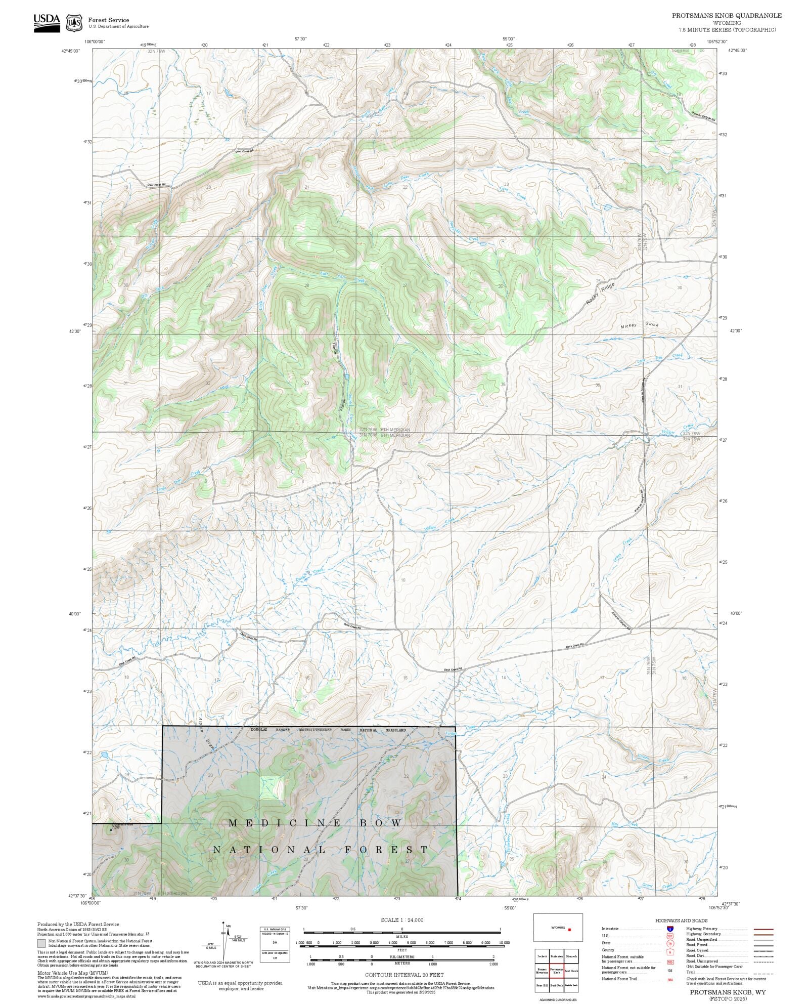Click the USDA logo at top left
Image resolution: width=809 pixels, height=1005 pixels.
click(47, 23)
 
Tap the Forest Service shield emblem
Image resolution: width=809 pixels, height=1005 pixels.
click(75, 23)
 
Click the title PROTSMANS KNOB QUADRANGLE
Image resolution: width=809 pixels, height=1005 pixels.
click(727, 16)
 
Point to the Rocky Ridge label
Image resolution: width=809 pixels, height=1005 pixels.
click(601, 294)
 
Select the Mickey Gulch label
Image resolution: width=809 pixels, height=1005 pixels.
click(640, 326)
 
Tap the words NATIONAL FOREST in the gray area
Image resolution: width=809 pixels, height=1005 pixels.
click(321, 850)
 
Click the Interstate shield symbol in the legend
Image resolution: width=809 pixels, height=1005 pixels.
click(670, 929)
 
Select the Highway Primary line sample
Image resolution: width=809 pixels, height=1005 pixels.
click(763, 929)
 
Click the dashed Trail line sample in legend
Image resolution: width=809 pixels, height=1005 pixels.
click(763, 973)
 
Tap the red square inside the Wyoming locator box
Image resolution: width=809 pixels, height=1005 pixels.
click(569, 930)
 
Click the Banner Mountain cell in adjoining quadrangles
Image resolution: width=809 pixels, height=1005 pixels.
click(542, 972)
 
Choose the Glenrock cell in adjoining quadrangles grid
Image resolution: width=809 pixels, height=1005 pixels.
click(571, 956)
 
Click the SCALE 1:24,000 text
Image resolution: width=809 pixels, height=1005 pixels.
click(402, 920)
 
